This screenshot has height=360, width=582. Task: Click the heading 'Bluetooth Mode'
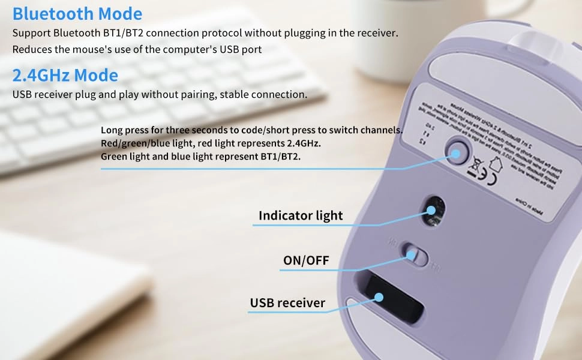tap(77, 13)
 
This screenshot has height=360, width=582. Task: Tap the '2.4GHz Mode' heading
tap(65, 75)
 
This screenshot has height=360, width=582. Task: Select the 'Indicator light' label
tap(301, 215)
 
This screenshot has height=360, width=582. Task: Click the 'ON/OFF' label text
tap(306, 260)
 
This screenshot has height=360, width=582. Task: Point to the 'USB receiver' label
tap(287, 303)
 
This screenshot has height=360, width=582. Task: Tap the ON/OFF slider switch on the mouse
tap(413, 254)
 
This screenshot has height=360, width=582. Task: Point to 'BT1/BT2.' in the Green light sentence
tap(280, 157)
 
